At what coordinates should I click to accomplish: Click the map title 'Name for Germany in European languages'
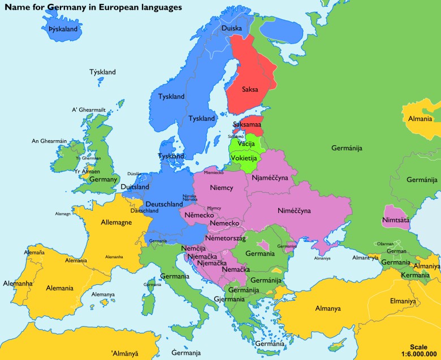pos(93,7)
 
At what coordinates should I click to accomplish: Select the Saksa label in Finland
pos(250,89)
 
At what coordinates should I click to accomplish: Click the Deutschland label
pos(164,204)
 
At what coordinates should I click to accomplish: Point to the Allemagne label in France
pos(116,222)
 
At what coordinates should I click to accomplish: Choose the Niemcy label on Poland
pos(221,188)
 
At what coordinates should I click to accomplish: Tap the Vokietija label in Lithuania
pos(244,158)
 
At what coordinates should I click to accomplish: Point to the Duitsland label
pos(135,187)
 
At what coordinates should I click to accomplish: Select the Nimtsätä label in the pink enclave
pos(396,219)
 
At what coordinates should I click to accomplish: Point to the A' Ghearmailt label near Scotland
pos(89,110)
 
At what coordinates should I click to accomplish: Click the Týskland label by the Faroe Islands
pos(102,72)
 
